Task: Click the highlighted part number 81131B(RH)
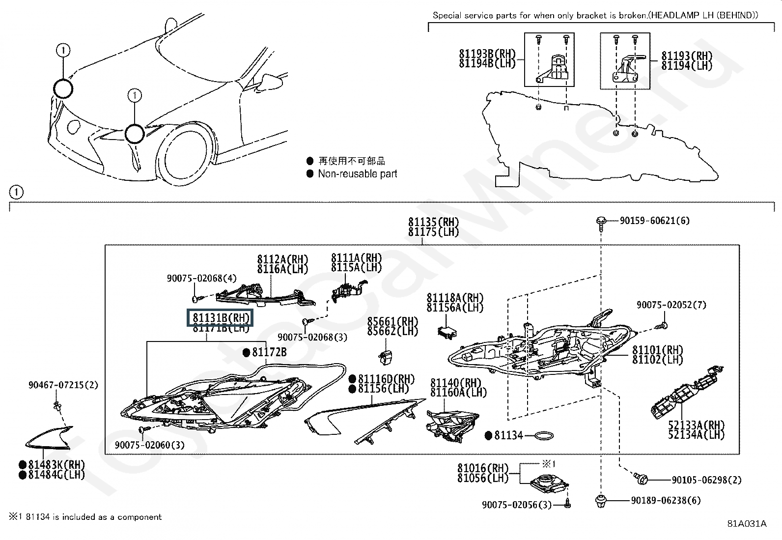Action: tap(220, 318)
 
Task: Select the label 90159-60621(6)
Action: tap(654, 221)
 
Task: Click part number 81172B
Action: tap(269, 352)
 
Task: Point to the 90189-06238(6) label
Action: tap(666, 500)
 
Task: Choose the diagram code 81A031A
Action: tap(747, 523)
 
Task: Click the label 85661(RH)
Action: tap(392, 322)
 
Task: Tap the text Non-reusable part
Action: tap(357, 173)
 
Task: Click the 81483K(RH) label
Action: tap(56, 465)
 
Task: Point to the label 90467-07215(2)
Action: tap(63, 385)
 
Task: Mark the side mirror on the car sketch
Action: tap(270, 80)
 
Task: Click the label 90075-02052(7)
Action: tap(671, 305)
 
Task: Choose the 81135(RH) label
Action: tap(433, 222)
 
